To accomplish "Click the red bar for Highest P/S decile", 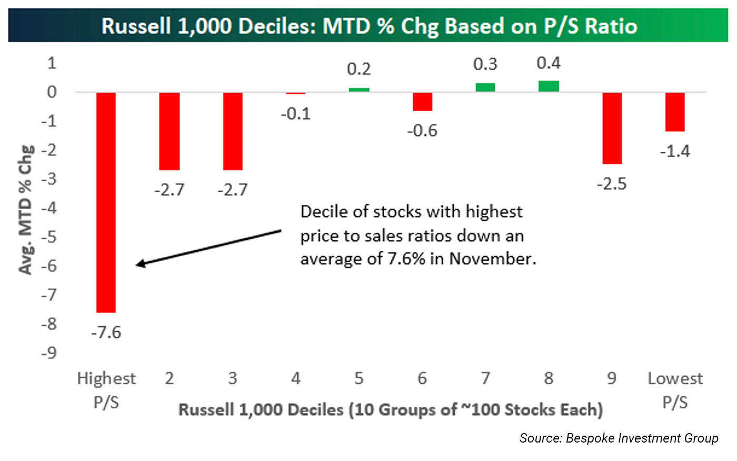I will (x=106, y=202).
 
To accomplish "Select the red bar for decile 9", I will (x=612, y=128).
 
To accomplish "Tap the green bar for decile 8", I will (x=549, y=86).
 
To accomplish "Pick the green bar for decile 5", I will (x=359, y=90).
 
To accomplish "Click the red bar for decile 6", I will (x=422, y=102).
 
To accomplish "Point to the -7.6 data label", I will (x=106, y=332).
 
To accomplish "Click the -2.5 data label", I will (x=612, y=184).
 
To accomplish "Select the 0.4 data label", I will (x=549, y=63).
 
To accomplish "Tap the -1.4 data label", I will (x=675, y=151).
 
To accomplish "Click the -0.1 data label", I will (x=295, y=114).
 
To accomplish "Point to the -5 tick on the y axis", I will (x=49, y=237).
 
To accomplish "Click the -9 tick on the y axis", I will (x=49, y=352).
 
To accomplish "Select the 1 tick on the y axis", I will (x=52, y=63).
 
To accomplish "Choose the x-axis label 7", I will (x=485, y=378).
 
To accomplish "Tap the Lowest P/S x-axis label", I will (x=675, y=390).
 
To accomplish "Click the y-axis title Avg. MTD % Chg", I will (x=26, y=209).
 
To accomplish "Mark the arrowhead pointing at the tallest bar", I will (x=140, y=264).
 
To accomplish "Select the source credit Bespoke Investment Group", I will (x=642, y=438).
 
